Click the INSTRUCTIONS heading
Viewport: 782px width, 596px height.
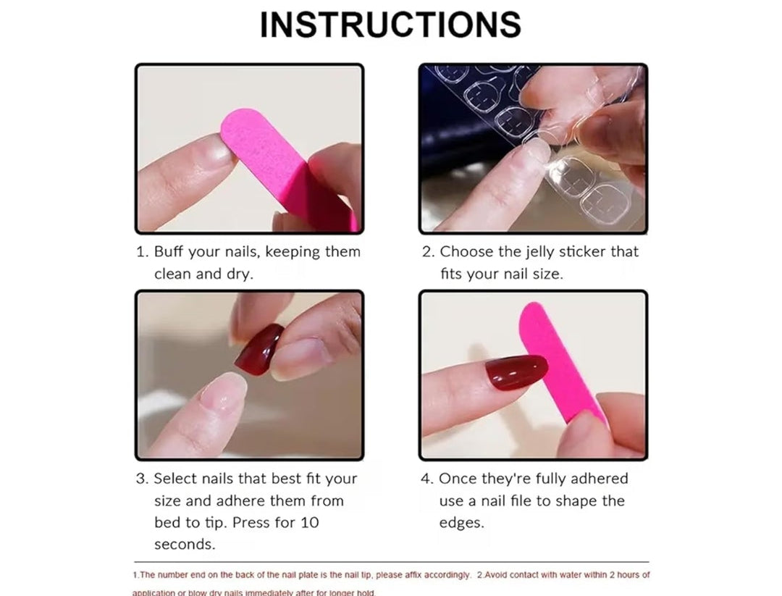click(x=390, y=25)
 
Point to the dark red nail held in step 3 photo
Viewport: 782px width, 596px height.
click(x=260, y=349)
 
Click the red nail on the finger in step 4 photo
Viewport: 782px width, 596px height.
click(x=516, y=372)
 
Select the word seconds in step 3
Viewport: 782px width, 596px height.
click(x=183, y=544)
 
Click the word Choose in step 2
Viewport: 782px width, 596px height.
click(x=466, y=252)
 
